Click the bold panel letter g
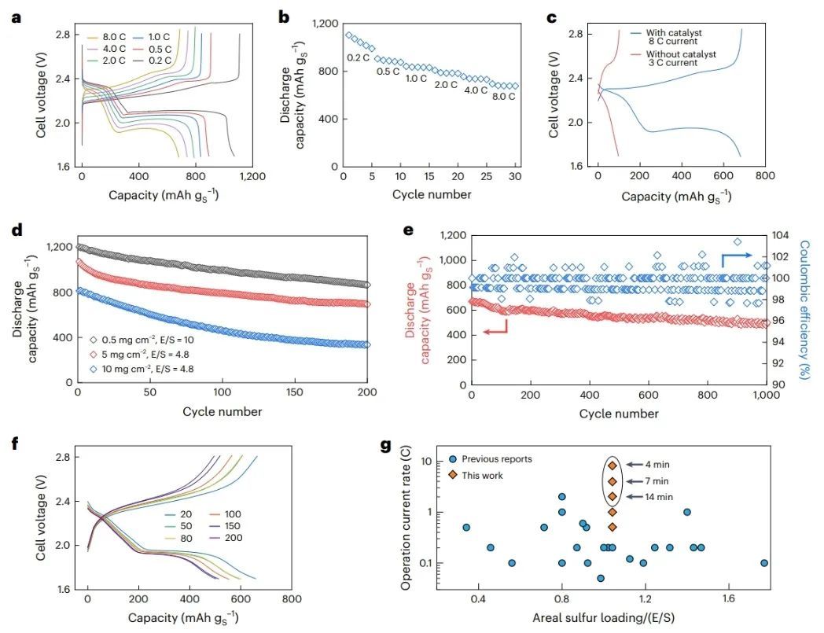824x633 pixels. pyautogui.click(x=386, y=446)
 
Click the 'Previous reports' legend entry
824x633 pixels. pyautogui.click(x=496, y=459)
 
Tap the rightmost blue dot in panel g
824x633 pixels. pyautogui.click(x=763, y=563)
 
